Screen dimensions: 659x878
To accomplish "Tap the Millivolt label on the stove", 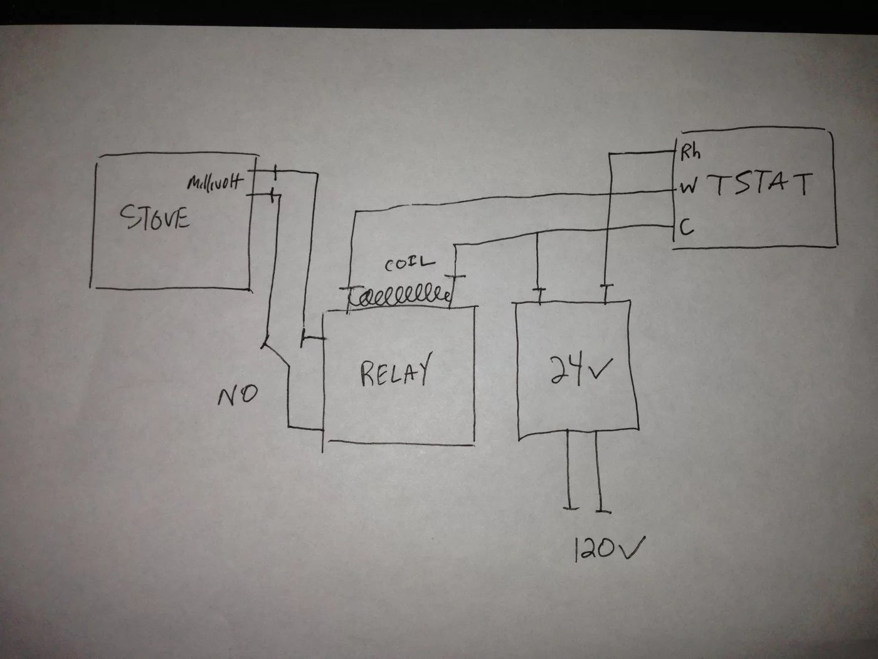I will [214, 183].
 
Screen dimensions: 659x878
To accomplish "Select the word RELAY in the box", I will [395, 372].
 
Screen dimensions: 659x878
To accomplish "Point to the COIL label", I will [409, 264].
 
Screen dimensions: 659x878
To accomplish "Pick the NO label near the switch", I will [237, 395].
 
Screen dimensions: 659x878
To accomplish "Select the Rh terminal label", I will [690, 153].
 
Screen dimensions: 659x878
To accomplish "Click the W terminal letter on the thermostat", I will [688, 187].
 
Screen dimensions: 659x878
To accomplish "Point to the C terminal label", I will [687, 227].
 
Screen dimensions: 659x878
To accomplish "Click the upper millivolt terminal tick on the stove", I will [274, 171].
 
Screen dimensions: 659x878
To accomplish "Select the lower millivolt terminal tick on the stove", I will [273, 195].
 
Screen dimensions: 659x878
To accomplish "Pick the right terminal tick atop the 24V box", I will [605, 287].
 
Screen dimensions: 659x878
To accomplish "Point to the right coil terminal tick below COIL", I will [456, 277].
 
